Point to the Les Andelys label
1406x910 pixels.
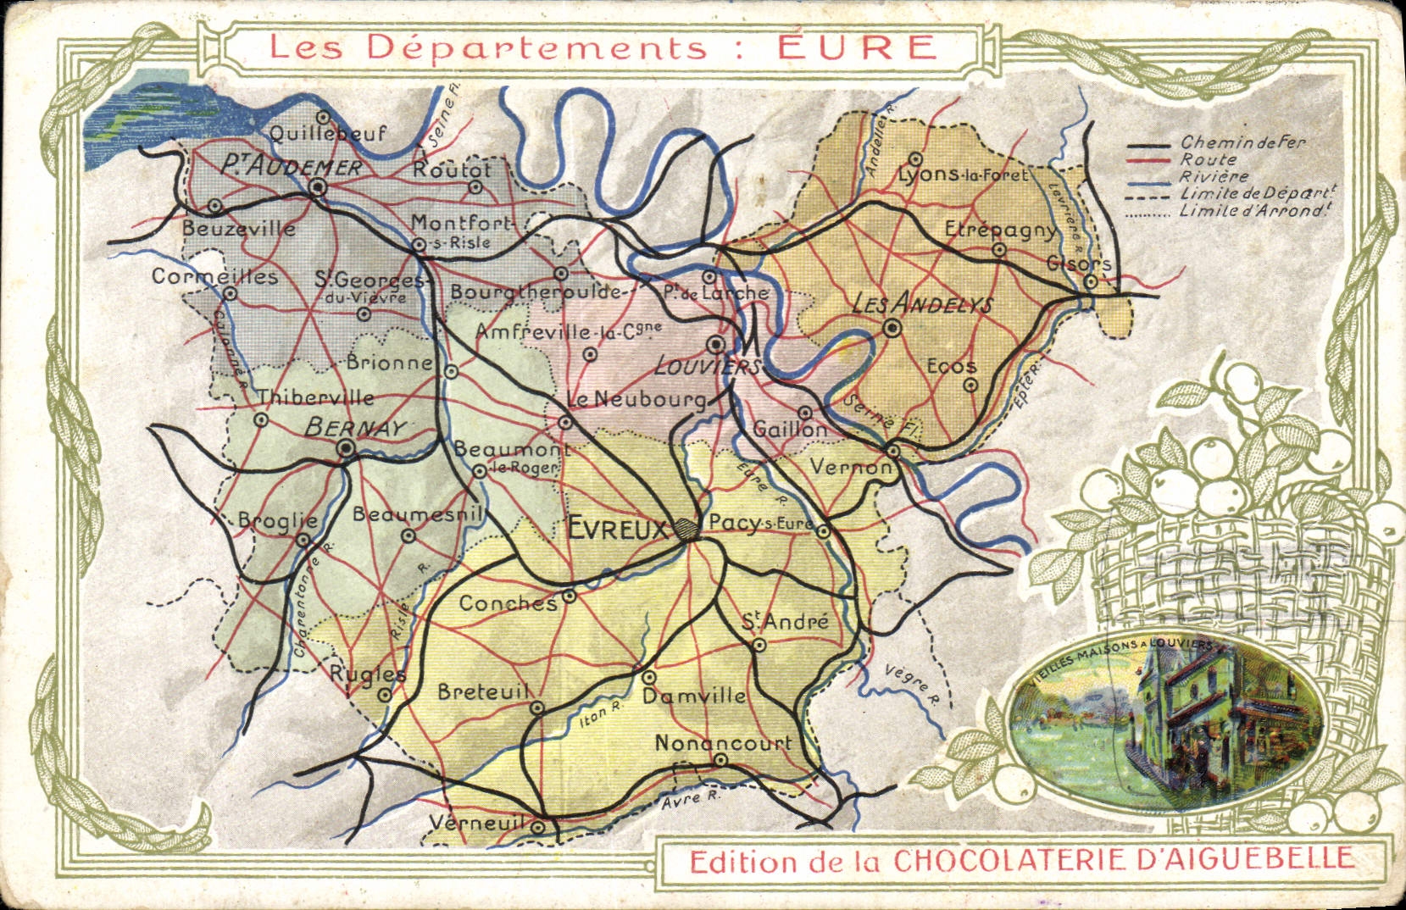tap(921, 304)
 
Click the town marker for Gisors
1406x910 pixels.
tap(1092, 281)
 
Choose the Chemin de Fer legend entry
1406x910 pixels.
tap(1242, 142)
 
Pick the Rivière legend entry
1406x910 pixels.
tap(1214, 176)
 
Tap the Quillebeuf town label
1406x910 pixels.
tap(328, 133)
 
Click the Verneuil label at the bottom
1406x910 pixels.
tap(480, 822)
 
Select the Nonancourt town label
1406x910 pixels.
tap(723, 742)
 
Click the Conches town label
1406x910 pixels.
tap(508, 603)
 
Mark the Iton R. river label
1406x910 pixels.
tap(601, 717)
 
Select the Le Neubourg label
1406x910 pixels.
tap(636, 400)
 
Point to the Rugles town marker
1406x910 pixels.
tap(385, 695)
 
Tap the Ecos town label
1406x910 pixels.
tap(952, 366)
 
